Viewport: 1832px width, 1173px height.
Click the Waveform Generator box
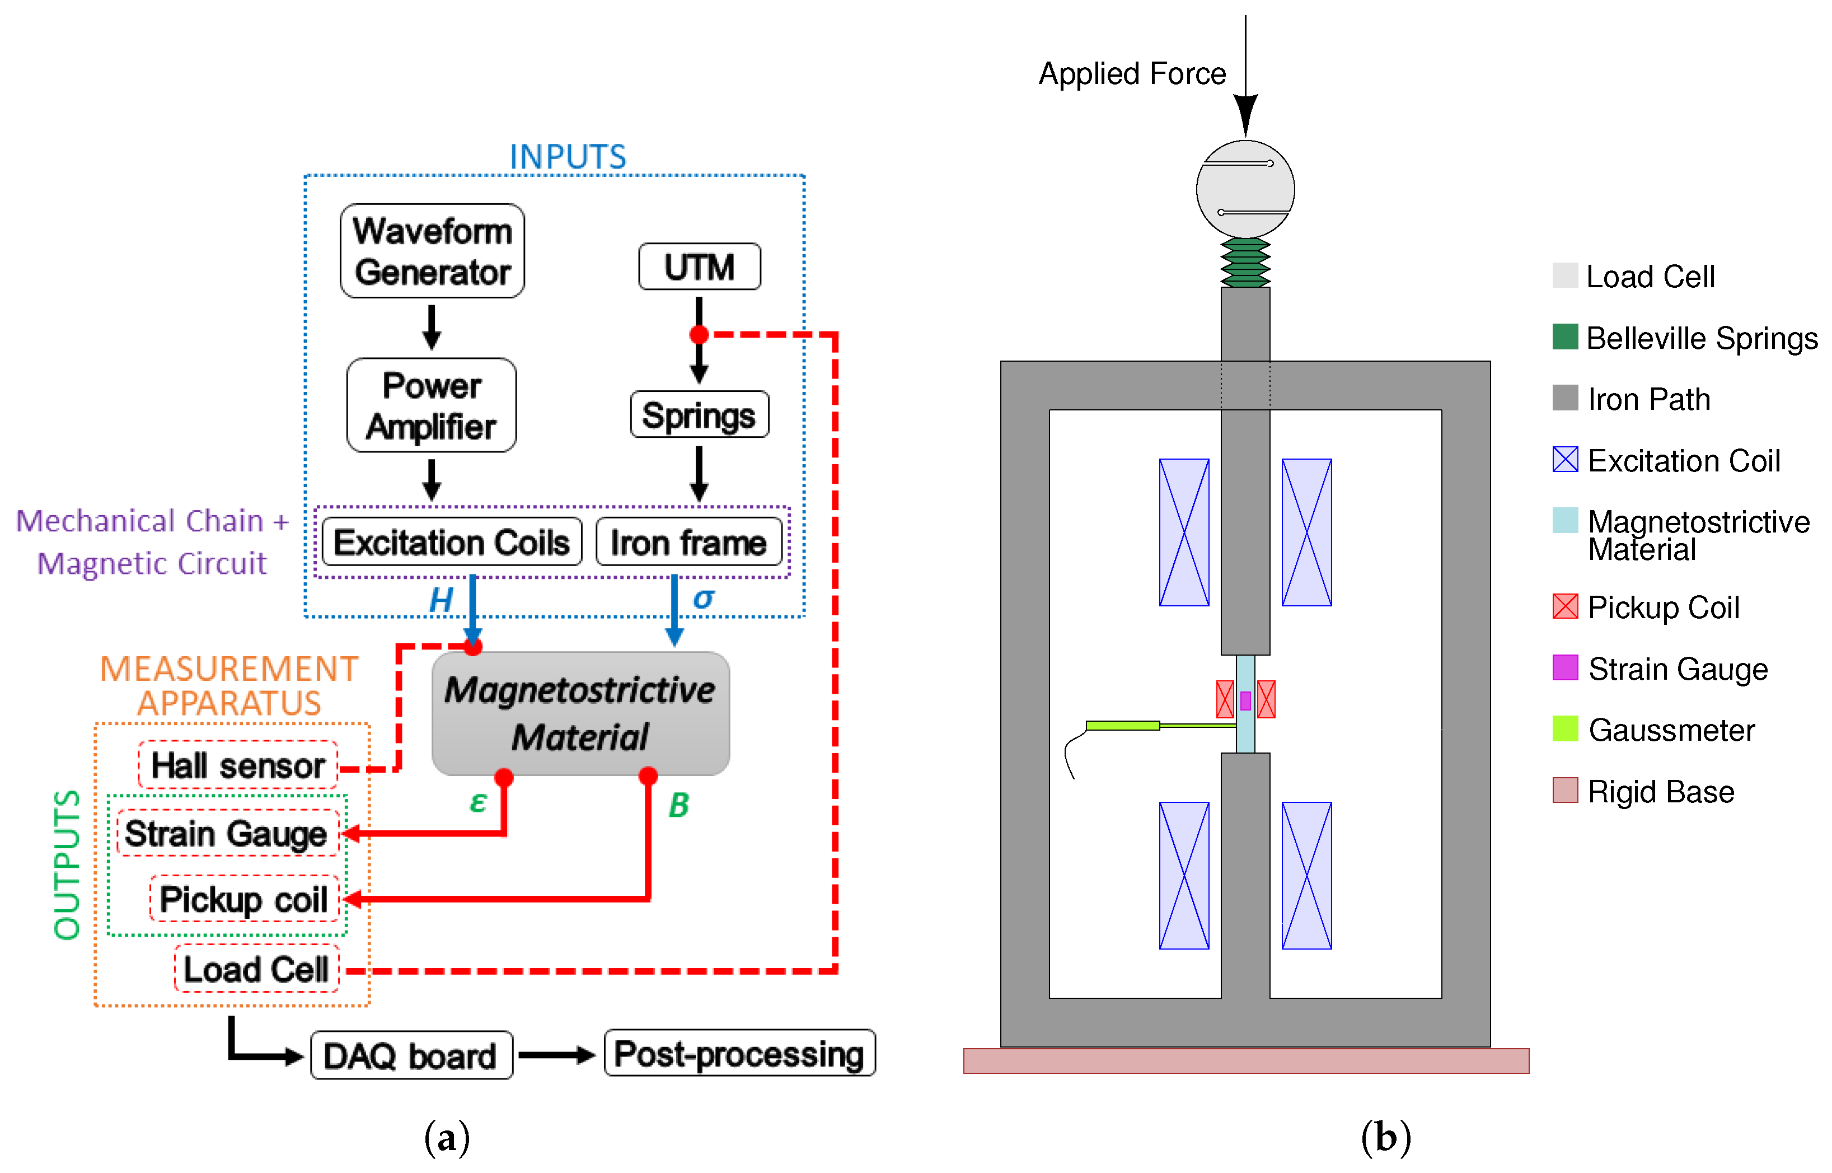pos(432,251)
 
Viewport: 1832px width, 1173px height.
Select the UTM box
pos(699,267)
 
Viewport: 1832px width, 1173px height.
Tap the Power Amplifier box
pos(431,405)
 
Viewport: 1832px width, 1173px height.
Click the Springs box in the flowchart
pos(699,415)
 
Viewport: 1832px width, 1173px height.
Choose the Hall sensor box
pos(237,765)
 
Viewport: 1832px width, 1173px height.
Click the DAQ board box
pos(411,1056)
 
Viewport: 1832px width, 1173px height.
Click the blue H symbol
pos(441,600)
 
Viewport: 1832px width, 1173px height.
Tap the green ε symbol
pos(478,802)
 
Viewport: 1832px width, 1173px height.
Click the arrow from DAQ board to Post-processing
pos(556,1055)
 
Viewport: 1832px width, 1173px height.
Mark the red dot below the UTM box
pos(699,334)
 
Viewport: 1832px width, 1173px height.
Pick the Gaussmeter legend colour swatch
pos(1565,729)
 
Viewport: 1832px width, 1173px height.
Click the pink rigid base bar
pos(1246,1061)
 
